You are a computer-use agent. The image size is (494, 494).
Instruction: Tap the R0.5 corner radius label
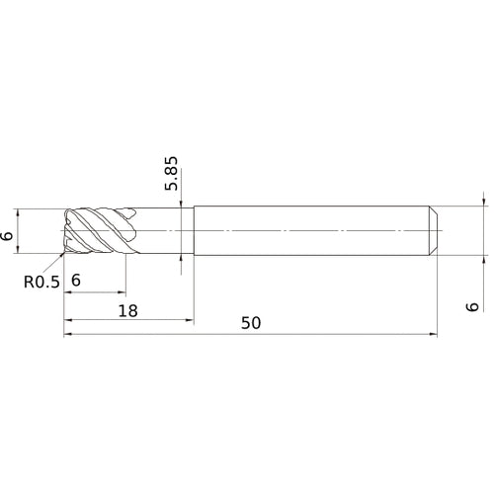pos(42,282)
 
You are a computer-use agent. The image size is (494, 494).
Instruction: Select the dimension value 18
pos(126,311)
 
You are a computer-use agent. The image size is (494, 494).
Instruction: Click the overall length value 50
pos(251,325)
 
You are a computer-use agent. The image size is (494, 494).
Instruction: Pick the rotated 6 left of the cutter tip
pos(8,234)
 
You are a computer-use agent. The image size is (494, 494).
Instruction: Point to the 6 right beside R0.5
pos(76,282)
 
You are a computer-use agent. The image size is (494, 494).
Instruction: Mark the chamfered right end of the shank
pos(434,230)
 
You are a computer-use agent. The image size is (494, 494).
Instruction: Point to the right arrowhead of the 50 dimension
pos(434,335)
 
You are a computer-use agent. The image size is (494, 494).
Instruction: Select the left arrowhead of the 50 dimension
pos(68,335)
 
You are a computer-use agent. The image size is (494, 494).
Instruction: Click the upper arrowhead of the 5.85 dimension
pos(182,205)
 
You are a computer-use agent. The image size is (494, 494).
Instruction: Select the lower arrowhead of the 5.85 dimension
pos(182,259)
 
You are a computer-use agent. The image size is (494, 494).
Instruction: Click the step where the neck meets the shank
pos(193,230)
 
